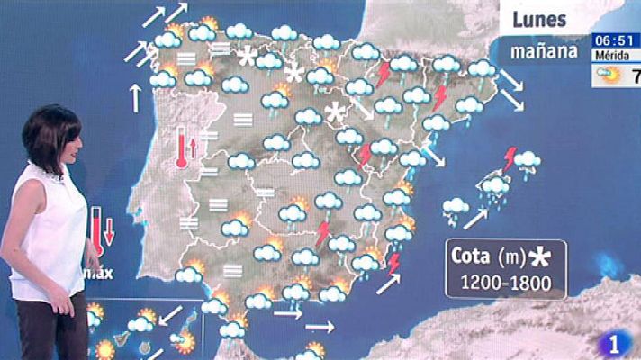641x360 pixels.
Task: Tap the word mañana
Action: (x=544, y=50)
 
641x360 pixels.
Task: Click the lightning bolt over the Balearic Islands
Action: (x=510, y=159)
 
